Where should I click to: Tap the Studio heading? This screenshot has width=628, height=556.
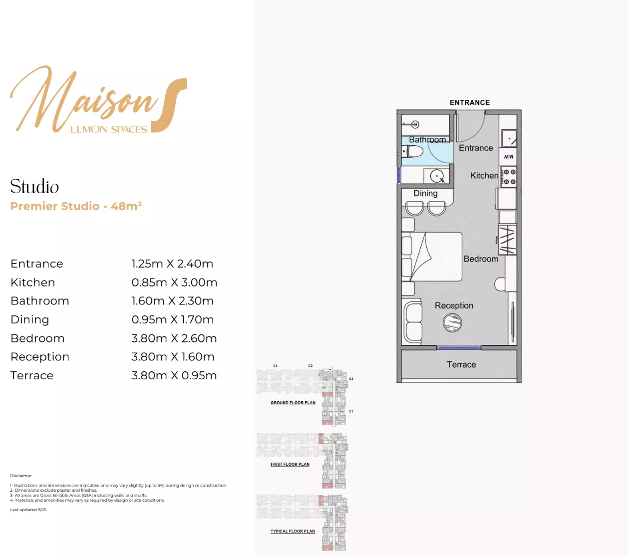click(34, 187)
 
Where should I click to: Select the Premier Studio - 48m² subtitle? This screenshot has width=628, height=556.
click(76, 206)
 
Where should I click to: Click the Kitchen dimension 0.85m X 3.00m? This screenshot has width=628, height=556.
click(174, 282)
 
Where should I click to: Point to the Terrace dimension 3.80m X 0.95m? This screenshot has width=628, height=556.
click(174, 376)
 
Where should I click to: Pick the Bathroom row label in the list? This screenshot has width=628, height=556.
click(40, 301)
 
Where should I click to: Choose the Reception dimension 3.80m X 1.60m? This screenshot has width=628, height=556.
click(173, 357)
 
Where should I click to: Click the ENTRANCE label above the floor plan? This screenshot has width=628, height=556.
click(470, 103)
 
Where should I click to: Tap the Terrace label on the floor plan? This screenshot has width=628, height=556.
click(461, 365)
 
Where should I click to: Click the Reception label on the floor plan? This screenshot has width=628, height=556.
click(454, 305)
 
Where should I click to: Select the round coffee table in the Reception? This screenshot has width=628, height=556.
click(452, 322)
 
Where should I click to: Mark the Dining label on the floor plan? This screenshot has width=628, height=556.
click(425, 194)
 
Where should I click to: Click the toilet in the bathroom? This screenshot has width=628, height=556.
click(413, 151)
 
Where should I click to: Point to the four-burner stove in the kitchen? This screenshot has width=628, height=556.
click(509, 177)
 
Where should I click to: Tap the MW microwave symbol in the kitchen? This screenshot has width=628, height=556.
click(508, 157)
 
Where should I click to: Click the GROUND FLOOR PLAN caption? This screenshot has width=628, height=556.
click(293, 403)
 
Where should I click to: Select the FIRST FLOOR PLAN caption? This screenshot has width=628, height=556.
click(290, 464)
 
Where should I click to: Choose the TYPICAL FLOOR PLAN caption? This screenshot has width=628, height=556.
click(293, 531)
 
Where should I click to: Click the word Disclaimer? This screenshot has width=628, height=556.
click(20, 476)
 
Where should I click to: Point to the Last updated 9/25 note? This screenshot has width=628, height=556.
click(28, 510)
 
